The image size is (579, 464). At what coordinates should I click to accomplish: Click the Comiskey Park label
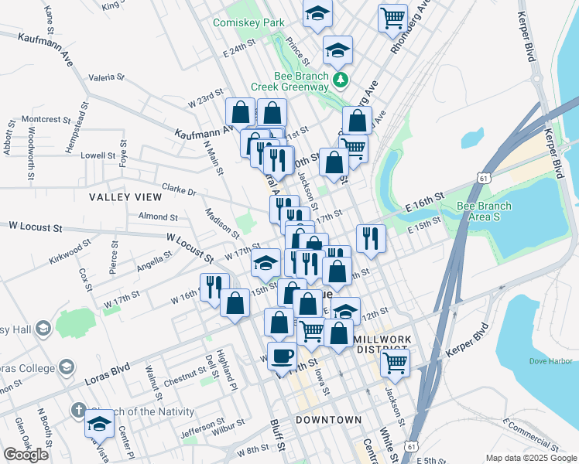(249, 23)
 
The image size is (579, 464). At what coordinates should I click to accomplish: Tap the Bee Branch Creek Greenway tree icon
(339, 79)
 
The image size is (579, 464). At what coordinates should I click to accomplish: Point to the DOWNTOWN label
(328, 419)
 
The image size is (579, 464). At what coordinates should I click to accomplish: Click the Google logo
(26, 455)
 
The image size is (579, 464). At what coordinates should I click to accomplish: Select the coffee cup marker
(282, 356)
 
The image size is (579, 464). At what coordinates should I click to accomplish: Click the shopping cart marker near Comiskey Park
(392, 17)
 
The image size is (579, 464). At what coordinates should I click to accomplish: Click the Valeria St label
(107, 77)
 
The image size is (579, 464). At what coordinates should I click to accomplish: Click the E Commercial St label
(530, 433)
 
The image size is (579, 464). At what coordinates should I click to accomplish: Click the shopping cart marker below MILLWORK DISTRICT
(395, 360)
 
